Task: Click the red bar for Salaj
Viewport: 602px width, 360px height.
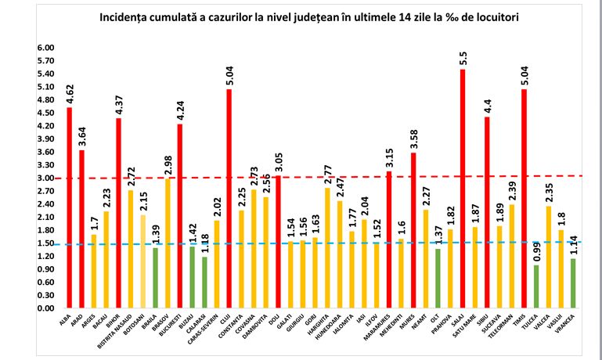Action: pyautogui.click(x=463, y=188)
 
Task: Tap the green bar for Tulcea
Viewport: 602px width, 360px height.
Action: pyautogui.click(x=535, y=286)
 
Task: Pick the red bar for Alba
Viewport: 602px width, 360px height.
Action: pyautogui.click(x=69, y=207)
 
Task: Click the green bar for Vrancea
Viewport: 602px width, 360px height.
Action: pyautogui.click(x=573, y=283)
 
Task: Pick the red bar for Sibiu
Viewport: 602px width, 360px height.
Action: pyautogui.click(x=487, y=212)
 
